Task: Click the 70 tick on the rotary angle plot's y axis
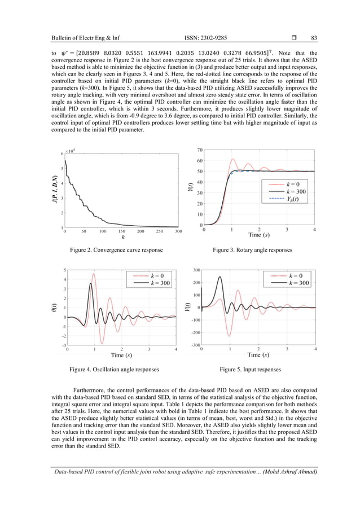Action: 200,150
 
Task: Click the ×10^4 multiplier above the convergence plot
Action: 71,151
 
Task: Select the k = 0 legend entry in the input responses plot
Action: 298,275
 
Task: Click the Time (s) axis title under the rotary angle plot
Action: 262,235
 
